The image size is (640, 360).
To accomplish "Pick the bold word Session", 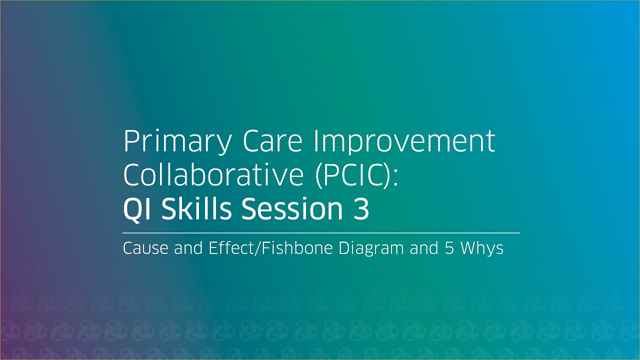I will [x=289, y=208].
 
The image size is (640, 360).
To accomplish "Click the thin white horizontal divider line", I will [x=321, y=233].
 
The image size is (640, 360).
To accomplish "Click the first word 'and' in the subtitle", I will [x=186, y=248].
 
